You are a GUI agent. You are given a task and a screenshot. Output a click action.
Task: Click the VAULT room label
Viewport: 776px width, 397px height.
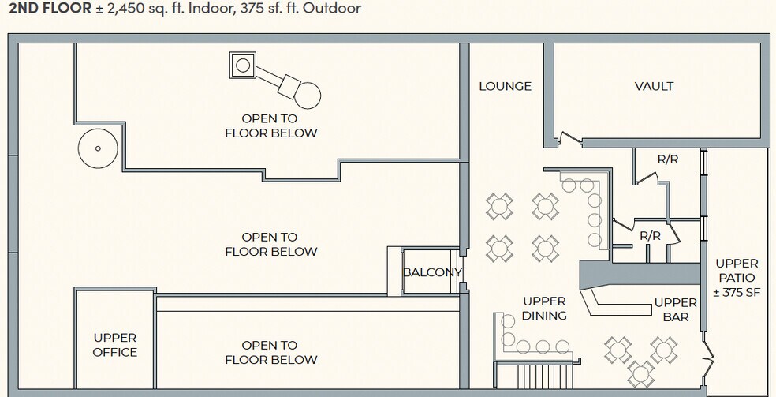654,86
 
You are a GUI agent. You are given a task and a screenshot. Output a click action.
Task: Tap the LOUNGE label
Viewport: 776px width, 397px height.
505,86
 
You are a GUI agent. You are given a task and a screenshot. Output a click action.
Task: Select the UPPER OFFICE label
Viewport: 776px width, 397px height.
115,345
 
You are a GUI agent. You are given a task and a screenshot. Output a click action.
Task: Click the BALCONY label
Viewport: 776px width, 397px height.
431,272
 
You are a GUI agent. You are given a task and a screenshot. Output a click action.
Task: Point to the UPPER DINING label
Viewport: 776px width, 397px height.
544,309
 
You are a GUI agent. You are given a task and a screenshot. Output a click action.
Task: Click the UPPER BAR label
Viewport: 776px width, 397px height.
676,309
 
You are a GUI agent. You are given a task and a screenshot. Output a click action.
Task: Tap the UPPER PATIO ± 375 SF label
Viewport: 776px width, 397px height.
737,278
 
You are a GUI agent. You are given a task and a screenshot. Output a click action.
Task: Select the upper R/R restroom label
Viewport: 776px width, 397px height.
668,159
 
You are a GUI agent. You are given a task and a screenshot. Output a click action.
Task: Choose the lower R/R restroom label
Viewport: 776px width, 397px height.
650,235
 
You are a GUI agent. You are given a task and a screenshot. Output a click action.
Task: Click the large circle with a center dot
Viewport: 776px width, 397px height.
98,148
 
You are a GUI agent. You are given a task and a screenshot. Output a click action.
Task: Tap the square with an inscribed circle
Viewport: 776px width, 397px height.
243,65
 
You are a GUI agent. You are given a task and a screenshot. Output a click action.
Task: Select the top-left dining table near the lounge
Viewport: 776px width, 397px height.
499,207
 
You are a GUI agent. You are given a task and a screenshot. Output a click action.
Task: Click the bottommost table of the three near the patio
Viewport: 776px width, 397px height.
641,372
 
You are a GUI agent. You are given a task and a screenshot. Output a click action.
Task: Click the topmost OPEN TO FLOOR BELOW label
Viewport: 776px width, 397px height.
270,125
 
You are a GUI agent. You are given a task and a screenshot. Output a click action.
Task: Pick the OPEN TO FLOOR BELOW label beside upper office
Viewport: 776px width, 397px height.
270,352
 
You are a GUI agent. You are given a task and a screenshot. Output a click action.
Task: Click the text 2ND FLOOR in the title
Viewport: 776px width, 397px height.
45,9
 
